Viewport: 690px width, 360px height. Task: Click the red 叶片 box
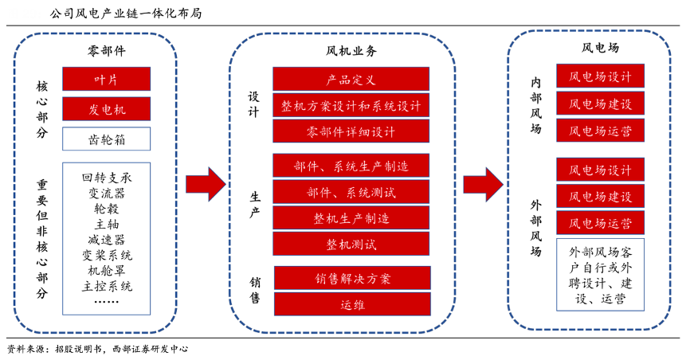[106, 78]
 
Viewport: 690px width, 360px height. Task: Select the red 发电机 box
[106, 108]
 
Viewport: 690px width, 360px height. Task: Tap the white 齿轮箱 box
[106, 139]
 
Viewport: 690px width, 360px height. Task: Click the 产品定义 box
[351, 79]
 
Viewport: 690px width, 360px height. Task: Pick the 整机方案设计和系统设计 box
[351, 105]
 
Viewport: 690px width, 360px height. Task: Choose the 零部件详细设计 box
[351, 131]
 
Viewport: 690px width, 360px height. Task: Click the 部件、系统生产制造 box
[351, 166]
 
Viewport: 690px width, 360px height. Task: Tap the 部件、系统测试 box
[351, 192]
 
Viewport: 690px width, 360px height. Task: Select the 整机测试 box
[351, 243]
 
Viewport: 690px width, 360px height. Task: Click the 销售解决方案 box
[351, 278]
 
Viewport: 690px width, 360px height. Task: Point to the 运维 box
[351, 304]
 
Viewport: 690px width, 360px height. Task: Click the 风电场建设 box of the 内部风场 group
[600, 104]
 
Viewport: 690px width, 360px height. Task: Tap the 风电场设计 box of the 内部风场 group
[600, 76]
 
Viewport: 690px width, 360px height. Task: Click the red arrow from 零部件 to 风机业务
[206, 184]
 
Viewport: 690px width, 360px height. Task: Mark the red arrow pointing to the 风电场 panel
[483, 184]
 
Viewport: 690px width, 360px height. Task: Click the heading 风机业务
[351, 50]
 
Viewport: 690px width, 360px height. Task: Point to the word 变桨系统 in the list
[107, 255]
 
